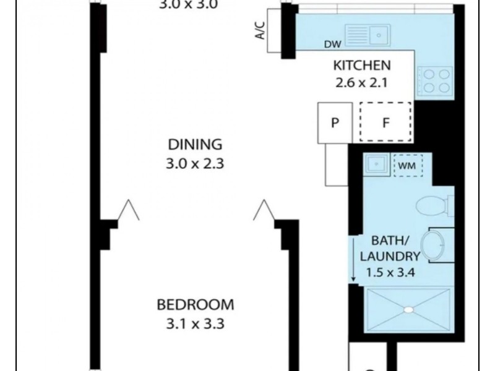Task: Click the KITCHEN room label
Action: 362,66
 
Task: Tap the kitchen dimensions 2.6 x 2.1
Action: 361,83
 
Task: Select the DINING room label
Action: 195,145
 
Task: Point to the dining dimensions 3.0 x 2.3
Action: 195,164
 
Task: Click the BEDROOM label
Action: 196,305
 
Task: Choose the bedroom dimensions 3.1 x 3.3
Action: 196,324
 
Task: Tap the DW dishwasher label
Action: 333,45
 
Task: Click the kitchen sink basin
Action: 379,35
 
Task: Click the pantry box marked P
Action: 335,122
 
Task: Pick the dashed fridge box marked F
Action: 385,122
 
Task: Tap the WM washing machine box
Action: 408,165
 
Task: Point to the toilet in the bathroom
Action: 435,206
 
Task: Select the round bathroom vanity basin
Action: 433,245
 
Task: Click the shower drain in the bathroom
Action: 408,310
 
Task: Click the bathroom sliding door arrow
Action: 353,259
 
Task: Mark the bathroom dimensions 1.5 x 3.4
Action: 390,272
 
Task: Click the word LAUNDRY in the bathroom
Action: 390,256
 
